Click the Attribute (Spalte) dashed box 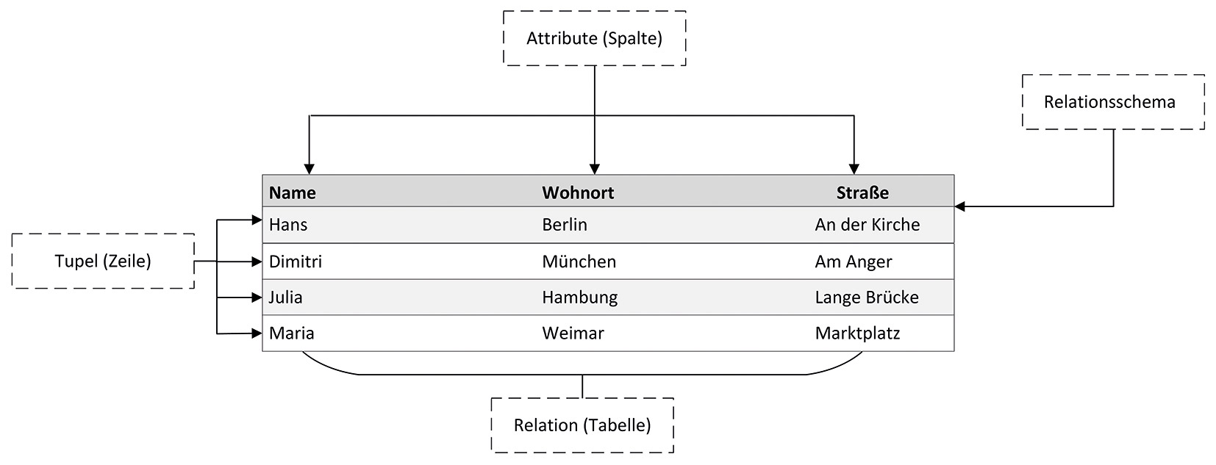594,38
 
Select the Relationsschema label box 1112,102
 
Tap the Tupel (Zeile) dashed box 103,261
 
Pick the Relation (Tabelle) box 582,425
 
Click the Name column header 292,192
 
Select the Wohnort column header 578,192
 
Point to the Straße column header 862,192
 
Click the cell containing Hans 288,225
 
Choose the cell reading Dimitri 295,262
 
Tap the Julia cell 285,298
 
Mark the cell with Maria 291,334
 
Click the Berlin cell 565,225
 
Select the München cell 579,262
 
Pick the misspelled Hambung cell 579,298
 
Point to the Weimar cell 573,334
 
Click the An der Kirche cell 867,225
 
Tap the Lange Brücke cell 867,298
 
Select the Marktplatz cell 857,334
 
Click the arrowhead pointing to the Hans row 257,220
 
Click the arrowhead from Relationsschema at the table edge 960,206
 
